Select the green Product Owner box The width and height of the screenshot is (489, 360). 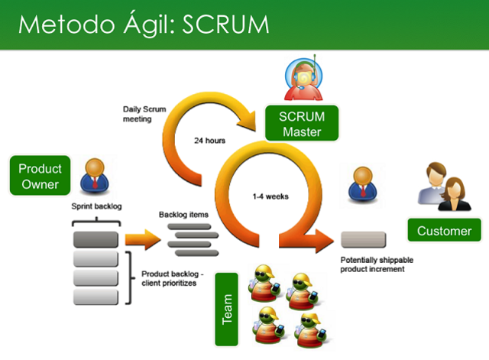[40, 176]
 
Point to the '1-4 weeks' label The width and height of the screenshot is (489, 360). [271, 196]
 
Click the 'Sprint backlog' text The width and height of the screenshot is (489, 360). [97, 207]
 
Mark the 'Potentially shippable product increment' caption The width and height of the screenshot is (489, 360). [379, 264]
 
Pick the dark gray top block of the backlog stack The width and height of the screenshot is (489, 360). [96, 239]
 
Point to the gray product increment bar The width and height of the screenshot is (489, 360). [362, 241]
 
